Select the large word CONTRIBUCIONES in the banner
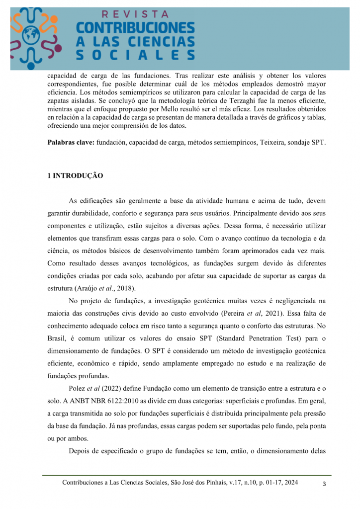(135, 28)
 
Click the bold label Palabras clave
(71, 143)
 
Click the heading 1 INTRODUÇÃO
(75, 175)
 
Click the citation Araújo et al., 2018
(105, 288)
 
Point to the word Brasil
(58, 339)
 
